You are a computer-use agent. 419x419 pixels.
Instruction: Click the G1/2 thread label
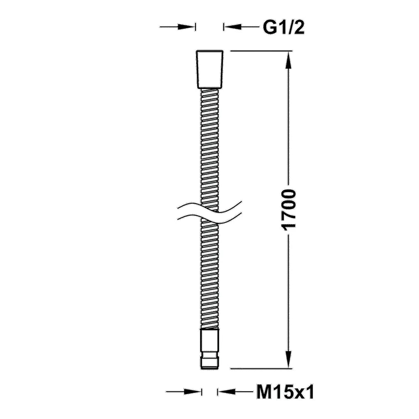tap(283, 28)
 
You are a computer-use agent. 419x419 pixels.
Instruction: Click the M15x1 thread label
tap(285, 392)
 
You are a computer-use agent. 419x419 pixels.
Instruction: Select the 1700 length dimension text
tap(289, 209)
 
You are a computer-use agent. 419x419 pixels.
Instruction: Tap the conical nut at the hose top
tap(210, 69)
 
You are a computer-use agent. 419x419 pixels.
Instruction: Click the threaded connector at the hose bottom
tap(210, 349)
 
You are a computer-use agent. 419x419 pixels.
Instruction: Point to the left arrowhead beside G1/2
tap(186, 27)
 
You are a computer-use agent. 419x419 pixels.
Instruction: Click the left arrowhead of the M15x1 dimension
tap(192, 392)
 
